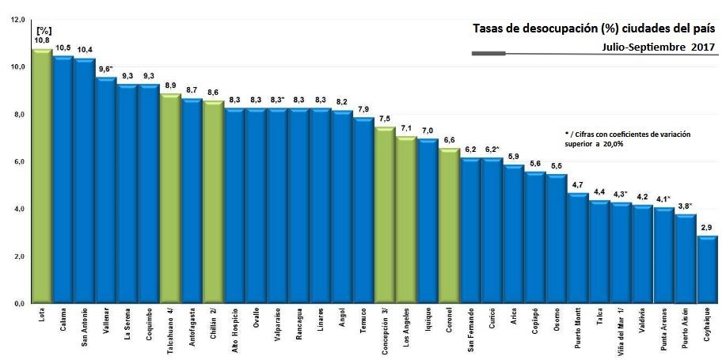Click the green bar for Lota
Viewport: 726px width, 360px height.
(x=42, y=176)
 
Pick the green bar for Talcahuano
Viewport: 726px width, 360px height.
(x=170, y=199)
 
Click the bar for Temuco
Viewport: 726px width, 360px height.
(x=363, y=210)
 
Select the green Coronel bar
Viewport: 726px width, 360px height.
(x=449, y=225)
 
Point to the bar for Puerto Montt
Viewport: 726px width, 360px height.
(x=578, y=248)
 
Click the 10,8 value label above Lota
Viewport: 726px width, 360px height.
(x=43, y=40)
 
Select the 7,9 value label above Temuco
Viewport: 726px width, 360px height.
(x=363, y=109)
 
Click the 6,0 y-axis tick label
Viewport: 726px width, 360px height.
(x=18, y=161)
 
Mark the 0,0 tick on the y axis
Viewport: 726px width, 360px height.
(x=18, y=304)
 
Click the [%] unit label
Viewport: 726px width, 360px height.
(x=43, y=30)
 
